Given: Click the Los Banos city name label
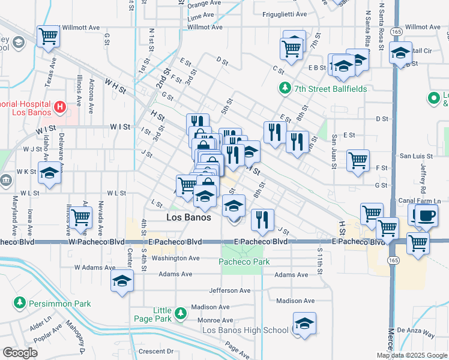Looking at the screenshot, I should pyautogui.click(x=188, y=217).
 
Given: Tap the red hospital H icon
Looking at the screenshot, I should pyautogui.click(x=60, y=107).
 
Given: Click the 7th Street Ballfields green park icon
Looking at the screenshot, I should pyautogui.click(x=285, y=89).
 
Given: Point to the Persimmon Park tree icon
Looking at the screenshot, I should pyautogui.click(x=20, y=304).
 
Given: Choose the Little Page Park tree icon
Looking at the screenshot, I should pyautogui.click(x=180, y=313).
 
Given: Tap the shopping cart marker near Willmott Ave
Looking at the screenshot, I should pyautogui.click(x=49, y=36).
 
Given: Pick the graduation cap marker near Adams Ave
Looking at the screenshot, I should pyautogui.click(x=122, y=280).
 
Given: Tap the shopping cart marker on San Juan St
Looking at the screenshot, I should pyautogui.click(x=358, y=160).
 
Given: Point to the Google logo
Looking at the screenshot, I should pyautogui.click(x=20, y=353).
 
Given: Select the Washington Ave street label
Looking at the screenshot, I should pyautogui.click(x=175, y=258).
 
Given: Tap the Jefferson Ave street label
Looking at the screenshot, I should pyautogui.click(x=220, y=290).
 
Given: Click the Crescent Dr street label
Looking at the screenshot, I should pyautogui.click(x=155, y=351).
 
